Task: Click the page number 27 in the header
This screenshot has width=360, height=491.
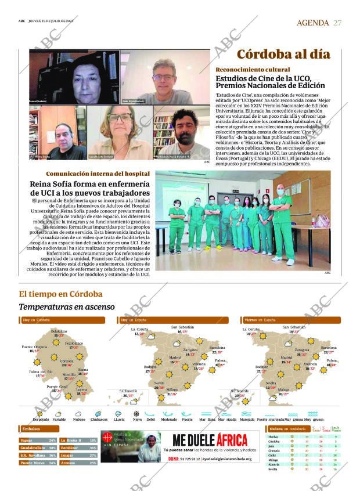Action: point(337,23)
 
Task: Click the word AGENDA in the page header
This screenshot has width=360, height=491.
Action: point(313,23)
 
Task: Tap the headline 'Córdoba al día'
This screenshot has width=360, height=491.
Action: point(283,55)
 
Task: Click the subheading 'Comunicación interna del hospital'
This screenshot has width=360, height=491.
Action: point(98,174)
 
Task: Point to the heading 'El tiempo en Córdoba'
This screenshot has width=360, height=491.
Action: point(60,294)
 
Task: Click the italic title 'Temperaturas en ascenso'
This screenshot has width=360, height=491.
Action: point(67,306)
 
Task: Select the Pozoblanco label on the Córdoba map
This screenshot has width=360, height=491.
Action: point(74,343)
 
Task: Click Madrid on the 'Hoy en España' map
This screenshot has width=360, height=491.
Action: point(174,358)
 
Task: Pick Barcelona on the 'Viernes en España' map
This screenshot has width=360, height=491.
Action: point(329,348)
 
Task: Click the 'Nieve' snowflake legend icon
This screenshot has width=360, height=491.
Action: point(136,414)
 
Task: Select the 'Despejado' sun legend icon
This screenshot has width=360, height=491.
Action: point(40,414)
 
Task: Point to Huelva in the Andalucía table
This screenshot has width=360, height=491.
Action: point(273,436)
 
